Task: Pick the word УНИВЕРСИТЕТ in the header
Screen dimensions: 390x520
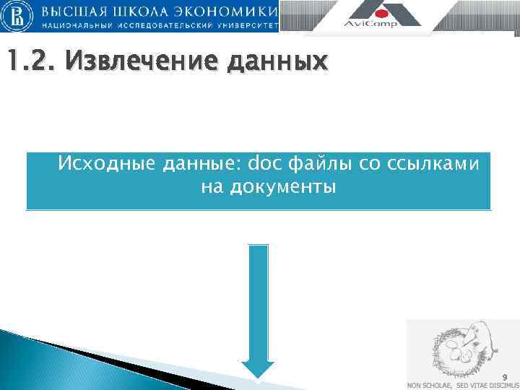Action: (248, 25)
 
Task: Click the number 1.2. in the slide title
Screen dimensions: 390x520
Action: (29, 64)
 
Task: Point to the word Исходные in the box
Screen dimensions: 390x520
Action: (107, 165)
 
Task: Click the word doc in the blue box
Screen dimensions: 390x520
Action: (263, 165)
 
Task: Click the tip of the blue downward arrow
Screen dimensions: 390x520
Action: (258, 375)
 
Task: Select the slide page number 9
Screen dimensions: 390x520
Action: (505, 377)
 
